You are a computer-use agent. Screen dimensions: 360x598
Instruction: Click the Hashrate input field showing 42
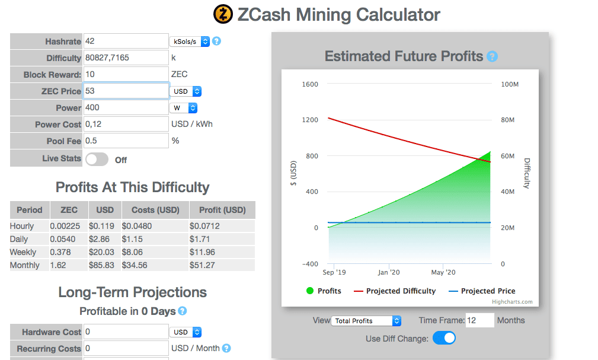pos(126,42)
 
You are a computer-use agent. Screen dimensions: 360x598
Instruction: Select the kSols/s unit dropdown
pos(190,42)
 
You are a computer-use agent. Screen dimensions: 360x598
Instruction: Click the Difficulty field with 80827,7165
pos(126,58)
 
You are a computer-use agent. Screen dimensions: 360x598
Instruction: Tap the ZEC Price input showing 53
pos(126,91)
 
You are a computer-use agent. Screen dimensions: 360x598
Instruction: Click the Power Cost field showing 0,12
pos(126,124)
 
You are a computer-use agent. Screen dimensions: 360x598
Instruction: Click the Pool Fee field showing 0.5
pos(126,141)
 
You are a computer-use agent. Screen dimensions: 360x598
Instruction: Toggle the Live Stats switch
pos(97,160)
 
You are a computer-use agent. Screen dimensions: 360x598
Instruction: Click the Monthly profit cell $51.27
pos(203,265)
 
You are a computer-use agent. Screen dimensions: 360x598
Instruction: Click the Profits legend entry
pos(324,291)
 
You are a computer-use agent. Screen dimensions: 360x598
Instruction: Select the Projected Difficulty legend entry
pos(395,291)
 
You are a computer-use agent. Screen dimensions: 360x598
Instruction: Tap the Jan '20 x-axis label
pos(388,272)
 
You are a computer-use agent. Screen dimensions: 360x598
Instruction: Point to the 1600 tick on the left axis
pos(310,84)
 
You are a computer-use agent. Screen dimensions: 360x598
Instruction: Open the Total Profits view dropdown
pos(367,321)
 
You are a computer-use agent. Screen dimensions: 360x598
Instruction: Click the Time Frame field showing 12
pos(479,320)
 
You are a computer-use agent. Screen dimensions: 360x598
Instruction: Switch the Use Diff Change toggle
pos(444,339)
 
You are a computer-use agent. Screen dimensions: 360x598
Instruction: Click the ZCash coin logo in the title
pos(223,14)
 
